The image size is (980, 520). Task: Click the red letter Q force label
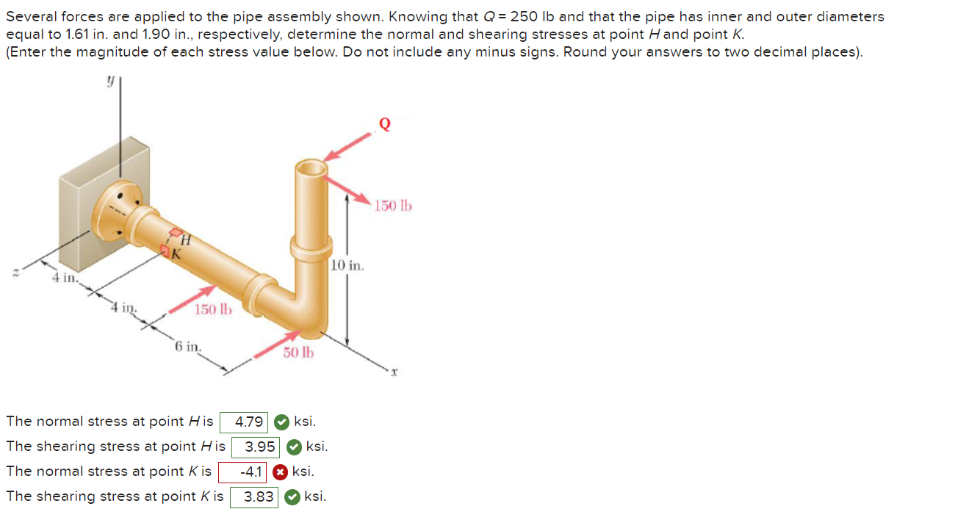pyautogui.click(x=384, y=124)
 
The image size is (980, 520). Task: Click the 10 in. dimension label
pyautogui.click(x=347, y=264)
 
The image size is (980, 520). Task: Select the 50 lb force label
pyautogui.click(x=298, y=353)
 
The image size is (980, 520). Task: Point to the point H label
pyautogui.click(x=186, y=239)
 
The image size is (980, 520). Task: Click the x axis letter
pyautogui.click(x=394, y=373)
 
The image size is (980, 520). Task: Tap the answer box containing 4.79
pyautogui.click(x=249, y=422)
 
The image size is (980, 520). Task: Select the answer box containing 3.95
pyautogui.click(x=260, y=447)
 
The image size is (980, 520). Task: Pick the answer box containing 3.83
pyautogui.click(x=259, y=496)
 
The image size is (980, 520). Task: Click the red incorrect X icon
pyautogui.click(x=280, y=472)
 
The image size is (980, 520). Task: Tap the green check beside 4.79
pyautogui.click(x=281, y=422)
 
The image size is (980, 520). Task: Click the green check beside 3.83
pyautogui.click(x=292, y=496)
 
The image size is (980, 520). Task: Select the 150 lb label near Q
pyautogui.click(x=393, y=206)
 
